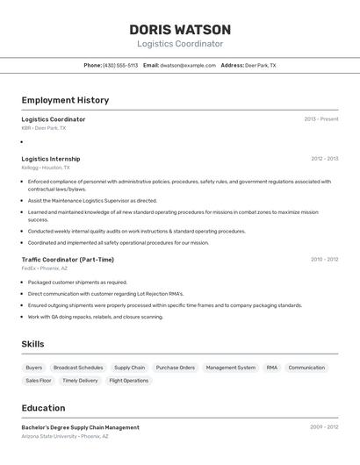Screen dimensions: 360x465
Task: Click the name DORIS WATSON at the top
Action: pyautogui.click(x=180, y=30)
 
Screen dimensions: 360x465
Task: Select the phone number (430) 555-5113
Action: pyautogui.click(x=120, y=65)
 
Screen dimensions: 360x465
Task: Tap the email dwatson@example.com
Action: pyautogui.click(x=188, y=65)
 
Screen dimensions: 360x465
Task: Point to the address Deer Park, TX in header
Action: pyautogui.click(x=260, y=65)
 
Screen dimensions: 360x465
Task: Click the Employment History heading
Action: pyautogui.click(x=65, y=100)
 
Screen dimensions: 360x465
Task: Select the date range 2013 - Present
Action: pyautogui.click(x=321, y=119)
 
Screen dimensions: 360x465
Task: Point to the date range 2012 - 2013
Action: pyautogui.click(x=324, y=159)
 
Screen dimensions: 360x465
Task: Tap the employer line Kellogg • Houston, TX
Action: pyautogui.click(x=46, y=168)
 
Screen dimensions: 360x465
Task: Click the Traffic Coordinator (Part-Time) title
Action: pyautogui.click(x=68, y=260)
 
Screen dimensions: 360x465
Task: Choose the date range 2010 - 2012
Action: pyautogui.click(x=324, y=260)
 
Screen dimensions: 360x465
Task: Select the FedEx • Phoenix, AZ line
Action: pyautogui.click(x=45, y=268)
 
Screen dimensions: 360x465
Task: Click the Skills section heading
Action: pyautogui.click(x=32, y=344)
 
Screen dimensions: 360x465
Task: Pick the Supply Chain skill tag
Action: pyautogui.click(x=130, y=368)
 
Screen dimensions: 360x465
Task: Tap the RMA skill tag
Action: pyautogui.click(x=272, y=368)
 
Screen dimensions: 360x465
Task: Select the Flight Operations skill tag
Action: pyautogui.click(x=129, y=381)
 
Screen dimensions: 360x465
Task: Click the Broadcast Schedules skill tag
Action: pyautogui.click(x=78, y=368)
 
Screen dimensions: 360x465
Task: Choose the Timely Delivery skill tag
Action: pyautogui.click(x=80, y=381)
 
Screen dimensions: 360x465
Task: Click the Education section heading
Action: pyautogui.click(x=43, y=408)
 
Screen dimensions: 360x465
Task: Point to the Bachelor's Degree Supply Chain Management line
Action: pyautogui.click(x=80, y=427)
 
